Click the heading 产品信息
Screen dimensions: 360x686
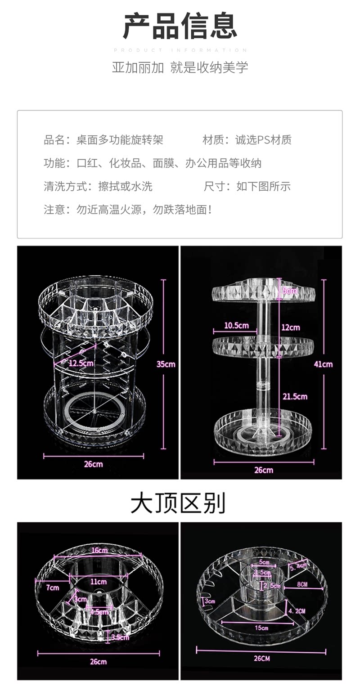[x=180, y=27]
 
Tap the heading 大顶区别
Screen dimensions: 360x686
[x=178, y=503]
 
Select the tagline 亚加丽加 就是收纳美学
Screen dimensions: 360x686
[x=180, y=67]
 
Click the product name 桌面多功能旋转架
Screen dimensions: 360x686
[x=120, y=140]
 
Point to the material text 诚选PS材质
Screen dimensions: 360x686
[x=263, y=140]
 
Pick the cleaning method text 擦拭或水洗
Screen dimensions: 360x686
[x=126, y=186]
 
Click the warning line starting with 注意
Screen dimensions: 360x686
[x=128, y=210]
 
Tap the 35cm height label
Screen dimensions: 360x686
[x=166, y=364]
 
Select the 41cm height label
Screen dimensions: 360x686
[x=323, y=364]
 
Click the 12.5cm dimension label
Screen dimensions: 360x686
[x=81, y=363]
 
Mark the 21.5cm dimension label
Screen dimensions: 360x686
[x=294, y=396]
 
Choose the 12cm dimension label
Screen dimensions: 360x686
[x=291, y=327]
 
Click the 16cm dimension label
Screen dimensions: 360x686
[x=99, y=550]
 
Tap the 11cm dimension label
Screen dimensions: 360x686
[x=98, y=582]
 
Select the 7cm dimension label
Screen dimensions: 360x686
[x=53, y=587]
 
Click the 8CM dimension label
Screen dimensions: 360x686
[x=302, y=584]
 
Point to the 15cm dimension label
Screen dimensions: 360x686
[x=261, y=628]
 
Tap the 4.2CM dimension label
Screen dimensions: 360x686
[x=297, y=611]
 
